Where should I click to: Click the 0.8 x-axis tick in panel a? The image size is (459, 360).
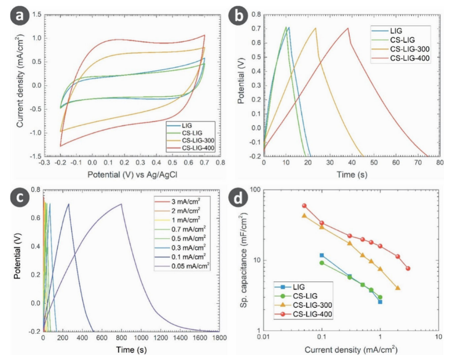(x=220, y=164)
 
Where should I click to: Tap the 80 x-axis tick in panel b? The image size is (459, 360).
(x=440, y=164)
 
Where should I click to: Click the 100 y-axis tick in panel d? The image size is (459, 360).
(x=256, y=189)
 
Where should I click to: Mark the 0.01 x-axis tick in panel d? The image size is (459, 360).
(x=263, y=337)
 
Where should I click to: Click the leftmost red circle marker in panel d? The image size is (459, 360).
(x=304, y=205)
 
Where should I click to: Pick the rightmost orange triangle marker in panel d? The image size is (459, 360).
(x=398, y=288)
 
